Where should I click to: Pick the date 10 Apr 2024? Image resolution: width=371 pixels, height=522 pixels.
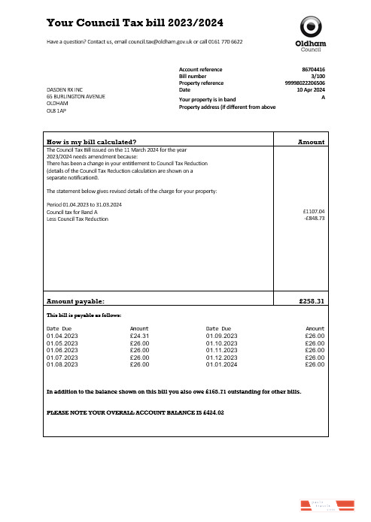click(310, 90)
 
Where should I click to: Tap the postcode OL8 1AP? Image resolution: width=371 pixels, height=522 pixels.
click(56, 110)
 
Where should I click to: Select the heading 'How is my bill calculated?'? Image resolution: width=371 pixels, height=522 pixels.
click(91, 142)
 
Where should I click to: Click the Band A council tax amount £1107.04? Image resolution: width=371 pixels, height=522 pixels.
click(312, 212)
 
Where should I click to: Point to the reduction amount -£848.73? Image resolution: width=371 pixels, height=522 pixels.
click(312, 219)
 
